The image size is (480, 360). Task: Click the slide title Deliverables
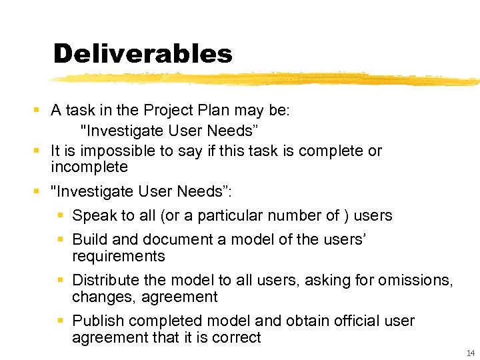143,53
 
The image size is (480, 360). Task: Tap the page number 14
471,353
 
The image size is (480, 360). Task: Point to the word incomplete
89,167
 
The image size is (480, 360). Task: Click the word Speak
94,215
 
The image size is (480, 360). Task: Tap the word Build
90,239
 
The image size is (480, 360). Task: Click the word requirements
118,256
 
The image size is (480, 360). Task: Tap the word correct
236,337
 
